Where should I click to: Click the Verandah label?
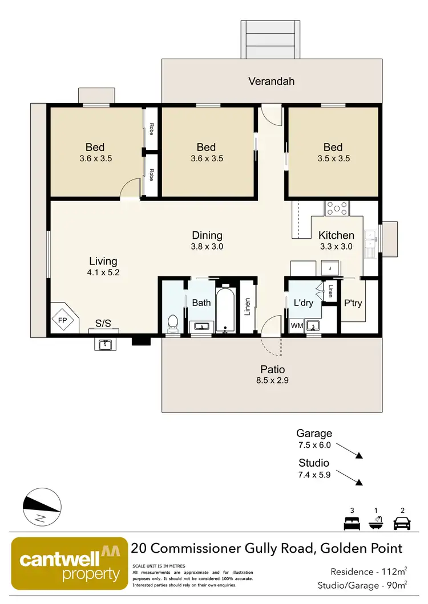pyautogui.click(x=271, y=81)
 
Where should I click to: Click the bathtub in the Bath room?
pyautogui.click(x=226, y=308)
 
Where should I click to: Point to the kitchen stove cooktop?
pyautogui.click(x=336, y=209)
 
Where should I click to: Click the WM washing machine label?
pyautogui.click(x=297, y=326)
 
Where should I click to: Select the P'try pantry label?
pyautogui.click(x=353, y=303)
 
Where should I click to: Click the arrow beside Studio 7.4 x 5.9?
pyautogui.click(x=359, y=483)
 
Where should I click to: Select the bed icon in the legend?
pyautogui.click(x=350, y=523)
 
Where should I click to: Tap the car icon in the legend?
pyautogui.click(x=403, y=523)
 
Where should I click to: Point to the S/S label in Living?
pyautogui.click(x=103, y=323)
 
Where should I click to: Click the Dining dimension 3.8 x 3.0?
pyautogui.click(x=207, y=247)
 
